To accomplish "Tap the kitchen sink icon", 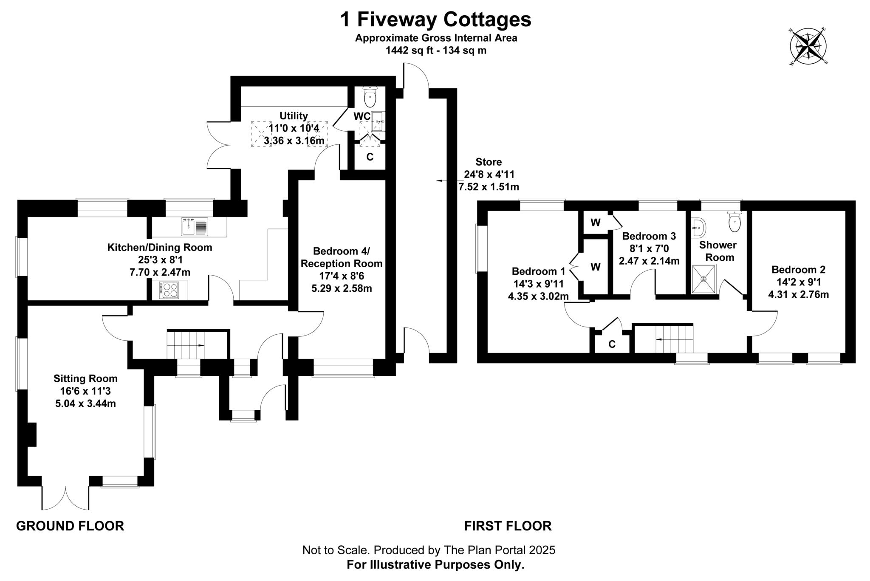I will [195, 226].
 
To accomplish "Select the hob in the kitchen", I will [169, 290].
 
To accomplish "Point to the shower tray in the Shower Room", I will [703, 279].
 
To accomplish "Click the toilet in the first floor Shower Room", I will [734, 222].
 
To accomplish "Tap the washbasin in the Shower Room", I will [698, 228].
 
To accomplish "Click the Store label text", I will [489, 162].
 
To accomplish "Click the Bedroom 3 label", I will [649, 236].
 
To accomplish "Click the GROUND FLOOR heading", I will [70, 526].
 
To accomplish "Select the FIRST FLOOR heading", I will [508, 526].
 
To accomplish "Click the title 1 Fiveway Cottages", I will [435, 20].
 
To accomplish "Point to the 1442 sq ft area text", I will [435, 51].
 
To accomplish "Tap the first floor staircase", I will [674, 339].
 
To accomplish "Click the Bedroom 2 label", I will [798, 270].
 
